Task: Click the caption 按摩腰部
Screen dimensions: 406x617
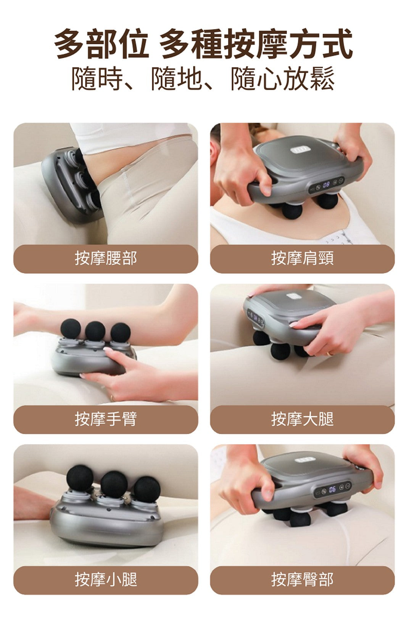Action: [x=106, y=258]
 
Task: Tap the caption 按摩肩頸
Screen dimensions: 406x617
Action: [x=302, y=258]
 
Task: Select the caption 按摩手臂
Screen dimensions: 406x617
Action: [x=106, y=419]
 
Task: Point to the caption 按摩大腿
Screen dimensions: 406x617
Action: [x=302, y=419]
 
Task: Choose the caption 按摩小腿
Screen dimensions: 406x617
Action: [x=106, y=580]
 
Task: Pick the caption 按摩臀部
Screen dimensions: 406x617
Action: [x=302, y=580]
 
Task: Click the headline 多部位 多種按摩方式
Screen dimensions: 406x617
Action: [x=203, y=44]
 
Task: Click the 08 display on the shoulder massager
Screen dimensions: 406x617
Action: [x=327, y=184]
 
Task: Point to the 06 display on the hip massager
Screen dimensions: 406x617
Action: [x=332, y=489]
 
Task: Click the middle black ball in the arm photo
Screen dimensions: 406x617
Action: [x=95, y=331]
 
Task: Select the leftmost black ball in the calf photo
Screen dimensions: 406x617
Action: [x=80, y=478]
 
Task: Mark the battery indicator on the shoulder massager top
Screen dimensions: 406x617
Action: [x=300, y=150]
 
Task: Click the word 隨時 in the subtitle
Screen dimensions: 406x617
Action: [x=97, y=78]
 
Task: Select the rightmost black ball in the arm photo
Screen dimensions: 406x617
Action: [x=120, y=333]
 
